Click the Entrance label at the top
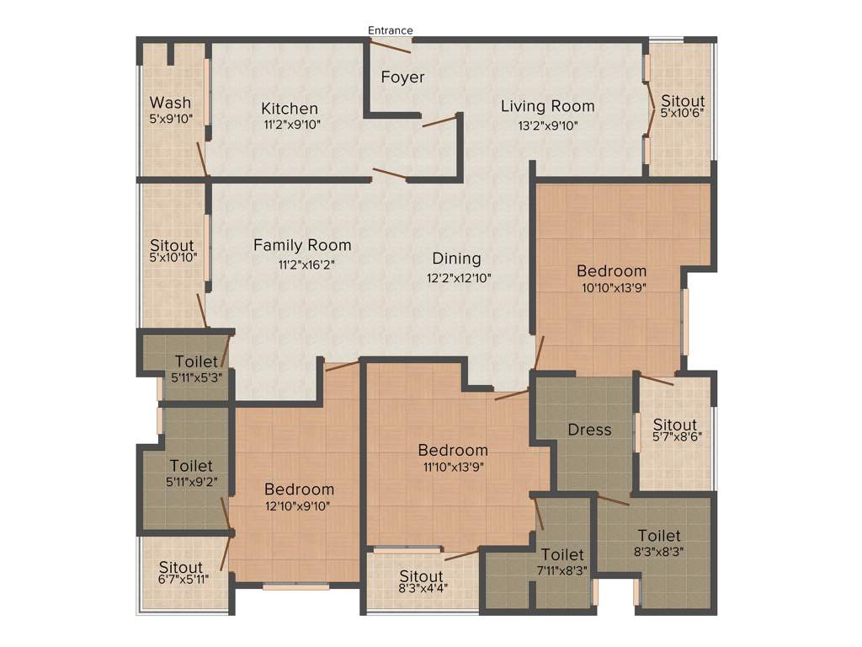tap(391, 30)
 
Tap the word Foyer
tap(402, 77)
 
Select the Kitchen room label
tap(290, 109)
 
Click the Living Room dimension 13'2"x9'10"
tap(547, 125)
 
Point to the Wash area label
tap(170, 103)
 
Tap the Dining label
tap(456, 259)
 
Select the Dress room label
tap(589, 430)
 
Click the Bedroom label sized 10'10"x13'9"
tap(611, 270)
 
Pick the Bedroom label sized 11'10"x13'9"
tap(453, 450)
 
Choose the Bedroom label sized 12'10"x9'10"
tap(299, 489)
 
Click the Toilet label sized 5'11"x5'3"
tap(196, 362)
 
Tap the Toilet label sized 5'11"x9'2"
tap(191, 465)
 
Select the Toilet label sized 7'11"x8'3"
tap(562, 555)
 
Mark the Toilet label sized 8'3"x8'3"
tap(659, 536)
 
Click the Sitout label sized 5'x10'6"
tap(682, 101)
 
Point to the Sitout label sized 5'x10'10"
tap(173, 246)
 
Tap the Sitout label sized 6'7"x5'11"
tap(181, 568)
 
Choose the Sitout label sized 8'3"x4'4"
tap(422, 576)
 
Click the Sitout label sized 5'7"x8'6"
tap(675, 425)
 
